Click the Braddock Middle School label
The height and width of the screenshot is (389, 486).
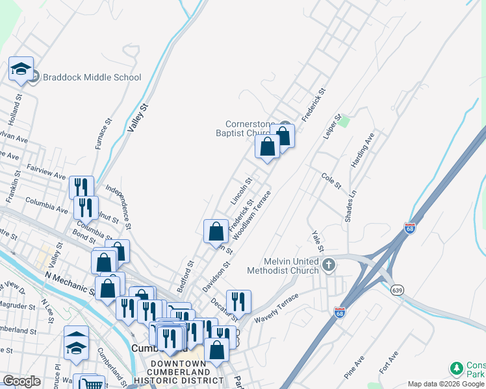tap(92, 77)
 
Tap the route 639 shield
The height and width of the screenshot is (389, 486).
tap(396, 290)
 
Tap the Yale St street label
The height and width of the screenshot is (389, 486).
tap(317, 241)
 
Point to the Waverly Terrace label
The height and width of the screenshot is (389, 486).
tap(275, 307)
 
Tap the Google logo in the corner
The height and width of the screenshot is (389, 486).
tap(21, 381)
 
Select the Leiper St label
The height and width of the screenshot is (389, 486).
tap(332, 127)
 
